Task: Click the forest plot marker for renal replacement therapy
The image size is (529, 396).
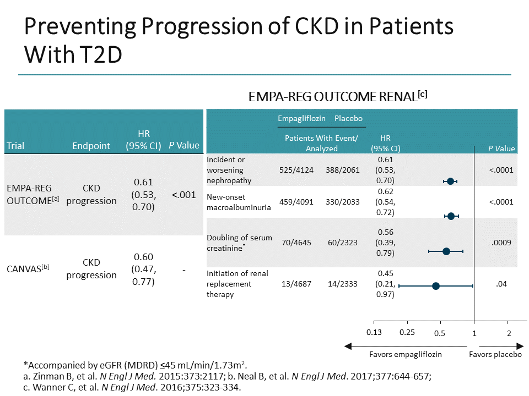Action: [x=436, y=286]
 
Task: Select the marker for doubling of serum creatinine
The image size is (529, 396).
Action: [x=446, y=251]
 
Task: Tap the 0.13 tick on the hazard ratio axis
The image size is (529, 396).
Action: [x=374, y=332]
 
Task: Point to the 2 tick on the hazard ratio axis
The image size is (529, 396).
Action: [x=509, y=332]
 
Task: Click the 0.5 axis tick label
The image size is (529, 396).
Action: [x=440, y=332]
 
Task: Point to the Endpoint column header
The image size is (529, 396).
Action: [x=91, y=146]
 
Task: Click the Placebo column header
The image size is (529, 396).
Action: [x=348, y=118]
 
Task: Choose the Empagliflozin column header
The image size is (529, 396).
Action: [x=301, y=118]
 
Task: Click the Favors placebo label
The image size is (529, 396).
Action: [x=495, y=354]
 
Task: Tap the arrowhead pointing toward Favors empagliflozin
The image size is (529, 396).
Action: [x=348, y=346]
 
